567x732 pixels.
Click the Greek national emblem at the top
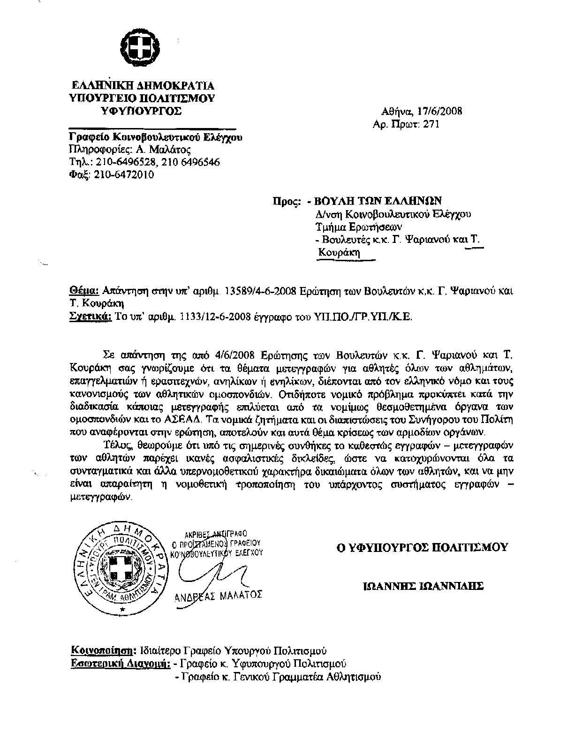[141, 45]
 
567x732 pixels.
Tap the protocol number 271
[432, 124]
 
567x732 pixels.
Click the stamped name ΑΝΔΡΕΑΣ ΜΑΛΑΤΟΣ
[219, 596]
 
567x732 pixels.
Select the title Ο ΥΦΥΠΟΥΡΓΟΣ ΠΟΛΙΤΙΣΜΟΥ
[422, 547]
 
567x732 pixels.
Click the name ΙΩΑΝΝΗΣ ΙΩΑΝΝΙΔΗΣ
[423, 586]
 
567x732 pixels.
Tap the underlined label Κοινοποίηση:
[103, 651]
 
